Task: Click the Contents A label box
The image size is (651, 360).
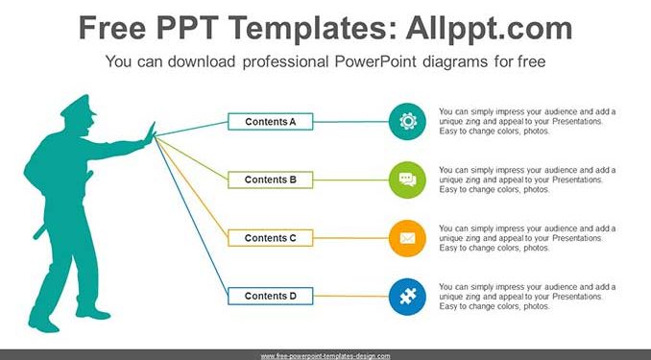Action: tap(270, 122)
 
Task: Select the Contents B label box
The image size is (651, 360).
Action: tap(270, 180)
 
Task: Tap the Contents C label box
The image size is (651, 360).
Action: tap(270, 238)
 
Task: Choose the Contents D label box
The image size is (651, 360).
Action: tap(270, 296)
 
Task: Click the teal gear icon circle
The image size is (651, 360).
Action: tap(407, 122)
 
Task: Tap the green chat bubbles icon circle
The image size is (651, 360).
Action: tap(407, 180)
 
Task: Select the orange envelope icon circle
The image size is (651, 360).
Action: tap(407, 238)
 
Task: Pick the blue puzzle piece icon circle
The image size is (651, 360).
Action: tap(407, 297)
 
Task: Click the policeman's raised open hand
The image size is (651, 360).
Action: tap(150, 133)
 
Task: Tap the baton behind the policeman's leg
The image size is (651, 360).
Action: tap(39, 232)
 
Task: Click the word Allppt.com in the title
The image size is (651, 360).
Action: tap(489, 28)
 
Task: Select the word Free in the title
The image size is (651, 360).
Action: tap(112, 28)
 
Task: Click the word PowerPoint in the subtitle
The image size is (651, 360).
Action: tap(375, 61)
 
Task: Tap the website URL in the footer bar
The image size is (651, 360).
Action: tap(325, 356)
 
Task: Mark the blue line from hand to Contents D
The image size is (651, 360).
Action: tap(191, 216)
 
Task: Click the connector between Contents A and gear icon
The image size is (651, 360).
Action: tap(350, 122)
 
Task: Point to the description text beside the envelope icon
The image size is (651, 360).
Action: tap(527, 238)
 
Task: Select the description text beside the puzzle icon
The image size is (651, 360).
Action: tap(527, 297)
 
